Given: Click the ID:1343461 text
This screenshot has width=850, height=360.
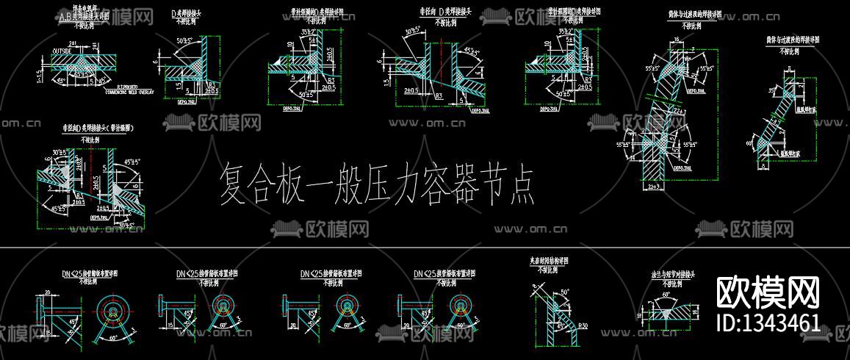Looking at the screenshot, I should coord(768,322).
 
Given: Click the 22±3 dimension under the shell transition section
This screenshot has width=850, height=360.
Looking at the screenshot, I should coord(653,188).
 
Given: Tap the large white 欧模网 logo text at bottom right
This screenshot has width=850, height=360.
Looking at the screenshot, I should coord(767,292).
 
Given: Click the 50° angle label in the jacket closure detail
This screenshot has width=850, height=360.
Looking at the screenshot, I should coord(564,292).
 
